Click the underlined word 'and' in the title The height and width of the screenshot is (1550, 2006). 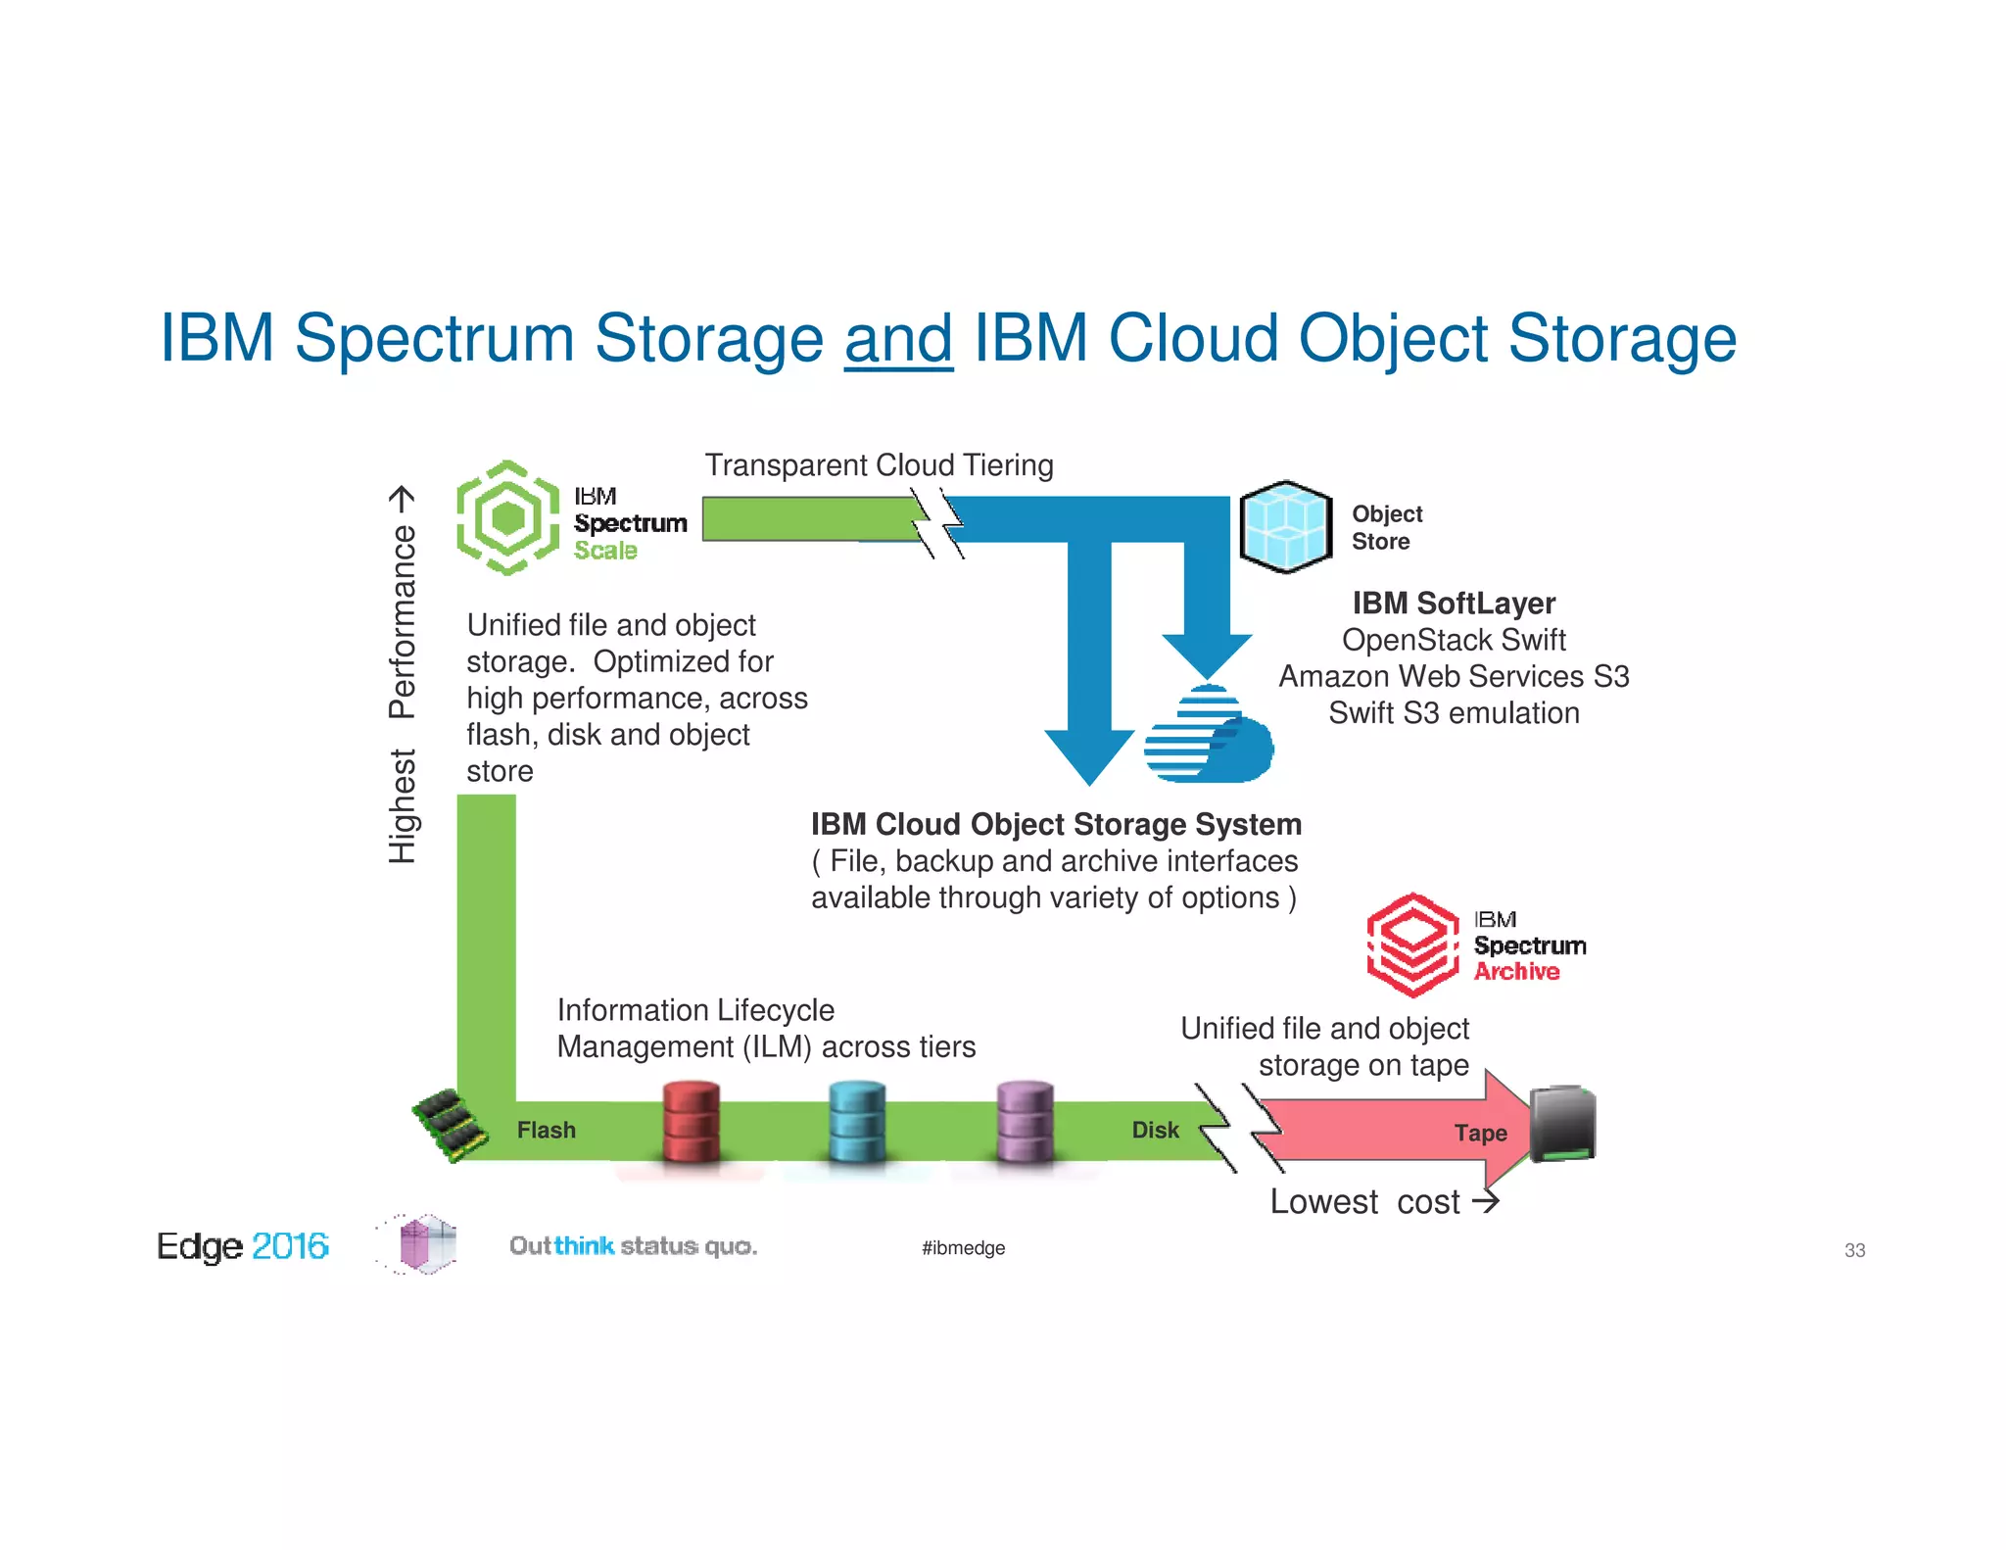click(x=898, y=339)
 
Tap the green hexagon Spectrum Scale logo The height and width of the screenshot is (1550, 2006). click(x=507, y=517)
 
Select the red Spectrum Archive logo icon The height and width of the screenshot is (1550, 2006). click(x=1412, y=945)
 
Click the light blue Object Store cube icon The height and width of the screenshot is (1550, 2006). click(x=1285, y=526)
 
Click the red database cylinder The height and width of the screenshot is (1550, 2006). click(x=691, y=1122)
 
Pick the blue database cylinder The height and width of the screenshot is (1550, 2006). click(x=857, y=1122)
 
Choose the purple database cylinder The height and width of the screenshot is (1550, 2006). click(x=1025, y=1122)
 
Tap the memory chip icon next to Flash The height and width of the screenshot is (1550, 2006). click(x=450, y=1125)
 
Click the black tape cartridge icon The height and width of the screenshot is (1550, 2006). click(x=1562, y=1124)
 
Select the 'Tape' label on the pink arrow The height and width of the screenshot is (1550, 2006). click(x=1480, y=1134)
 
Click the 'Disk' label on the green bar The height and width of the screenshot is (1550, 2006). click(x=1155, y=1131)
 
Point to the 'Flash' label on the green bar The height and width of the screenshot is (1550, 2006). click(x=546, y=1131)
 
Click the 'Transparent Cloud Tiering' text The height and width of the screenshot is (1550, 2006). click(x=879, y=465)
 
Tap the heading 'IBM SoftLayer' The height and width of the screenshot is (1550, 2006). click(x=1454, y=604)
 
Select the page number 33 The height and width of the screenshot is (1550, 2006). click(x=1854, y=1250)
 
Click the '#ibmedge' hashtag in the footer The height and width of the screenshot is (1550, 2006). click(x=963, y=1248)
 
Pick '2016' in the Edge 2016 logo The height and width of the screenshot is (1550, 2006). click(x=290, y=1246)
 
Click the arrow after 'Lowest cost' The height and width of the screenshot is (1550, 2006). click(x=1486, y=1201)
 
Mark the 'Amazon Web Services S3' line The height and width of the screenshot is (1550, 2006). click(x=1454, y=677)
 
